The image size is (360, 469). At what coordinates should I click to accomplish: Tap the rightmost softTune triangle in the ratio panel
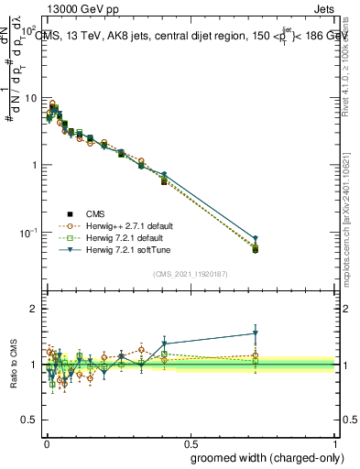coord(256,333)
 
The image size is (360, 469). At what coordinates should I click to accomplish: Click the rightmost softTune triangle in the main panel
coord(256,239)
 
